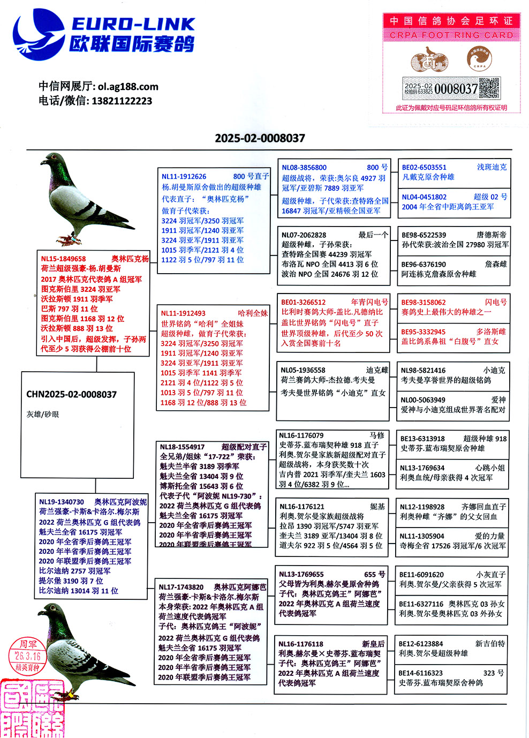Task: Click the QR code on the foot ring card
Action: click(489, 88)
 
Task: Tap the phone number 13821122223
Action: click(122, 101)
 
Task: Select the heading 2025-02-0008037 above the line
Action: click(260, 138)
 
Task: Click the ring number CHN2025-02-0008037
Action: click(71, 395)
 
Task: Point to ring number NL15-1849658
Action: click(63, 259)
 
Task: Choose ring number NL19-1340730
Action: click(62, 502)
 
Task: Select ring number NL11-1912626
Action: click(184, 176)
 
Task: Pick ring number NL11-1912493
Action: click(183, 313)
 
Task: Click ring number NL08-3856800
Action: click(304, 168)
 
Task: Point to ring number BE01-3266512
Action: click(303, 302)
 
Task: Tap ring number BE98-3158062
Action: click(423, 302)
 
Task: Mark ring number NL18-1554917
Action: click(182, 447)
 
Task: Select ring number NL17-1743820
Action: click(181, 587)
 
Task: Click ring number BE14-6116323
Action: click(420, 673)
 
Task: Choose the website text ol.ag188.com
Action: click(128, 87)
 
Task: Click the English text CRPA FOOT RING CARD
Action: click(451, 35)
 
